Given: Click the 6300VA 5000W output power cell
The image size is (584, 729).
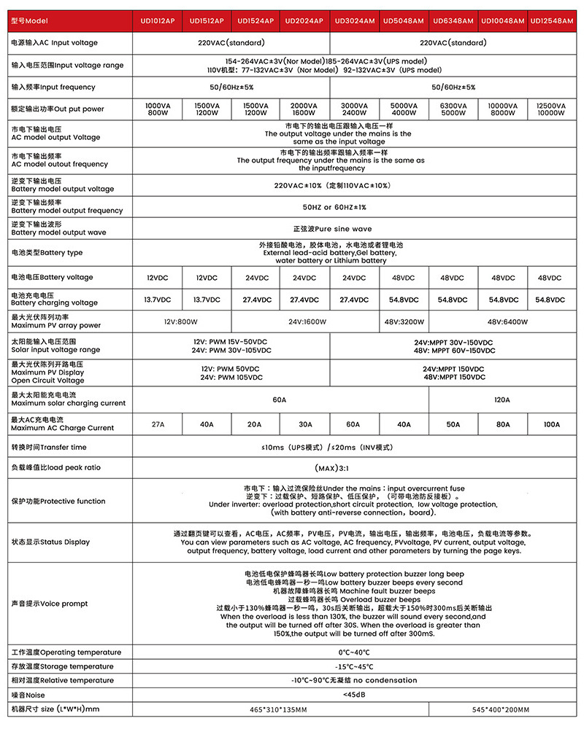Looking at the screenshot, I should (x=453, y=109).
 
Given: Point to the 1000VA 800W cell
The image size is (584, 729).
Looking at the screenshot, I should (x=158, y=109).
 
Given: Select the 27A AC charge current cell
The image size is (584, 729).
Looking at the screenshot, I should (x=158, y=424).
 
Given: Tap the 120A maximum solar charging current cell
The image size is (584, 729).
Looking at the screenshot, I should (x=502, y=399).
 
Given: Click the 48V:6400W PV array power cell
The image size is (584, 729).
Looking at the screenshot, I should (x=502, y=321).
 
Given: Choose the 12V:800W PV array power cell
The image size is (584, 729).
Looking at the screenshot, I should (x=182, y=321).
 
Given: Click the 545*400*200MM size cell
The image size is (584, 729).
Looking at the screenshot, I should (x=502, y=709).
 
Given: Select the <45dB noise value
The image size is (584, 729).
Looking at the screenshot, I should (x=354, y=695).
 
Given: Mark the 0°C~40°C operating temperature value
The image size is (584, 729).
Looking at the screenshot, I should (x=354, y=652).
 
